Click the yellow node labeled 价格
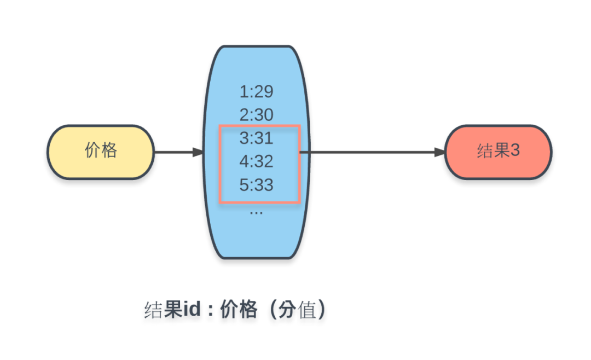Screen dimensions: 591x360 click(101, 152)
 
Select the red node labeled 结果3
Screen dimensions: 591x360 click(499, 152)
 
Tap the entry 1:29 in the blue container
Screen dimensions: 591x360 click(256, 91)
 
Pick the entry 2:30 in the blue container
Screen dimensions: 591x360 click(256, 115)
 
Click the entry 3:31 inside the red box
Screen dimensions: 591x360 click(256, 138)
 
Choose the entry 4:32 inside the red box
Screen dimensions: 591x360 click(256, 162)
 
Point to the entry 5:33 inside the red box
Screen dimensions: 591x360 click(256, 185)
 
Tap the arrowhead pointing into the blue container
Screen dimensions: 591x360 click(198, 152)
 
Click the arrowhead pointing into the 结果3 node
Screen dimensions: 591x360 click(440, 152)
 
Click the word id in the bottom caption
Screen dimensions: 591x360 click(192, 309)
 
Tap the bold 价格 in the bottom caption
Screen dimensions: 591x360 click(239, 310)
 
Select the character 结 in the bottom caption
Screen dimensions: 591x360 click(153, 310)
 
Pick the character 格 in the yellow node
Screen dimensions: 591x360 click(109, 150)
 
